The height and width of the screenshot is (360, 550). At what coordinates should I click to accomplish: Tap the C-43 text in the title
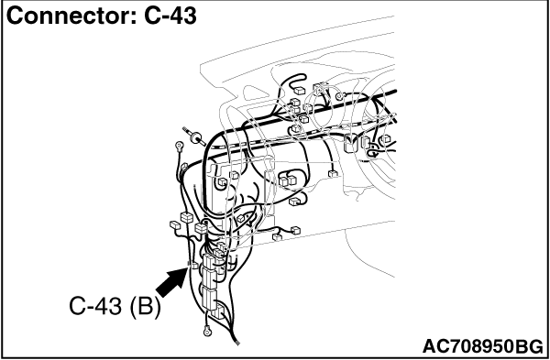170,16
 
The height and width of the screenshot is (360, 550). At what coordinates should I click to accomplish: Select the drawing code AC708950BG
483,346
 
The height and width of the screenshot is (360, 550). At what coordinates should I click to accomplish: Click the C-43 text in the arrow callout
95,306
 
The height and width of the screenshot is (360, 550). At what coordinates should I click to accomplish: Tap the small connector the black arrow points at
193,266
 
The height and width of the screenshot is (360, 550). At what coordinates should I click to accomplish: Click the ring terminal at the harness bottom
207,330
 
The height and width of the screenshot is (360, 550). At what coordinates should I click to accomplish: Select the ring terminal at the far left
180,145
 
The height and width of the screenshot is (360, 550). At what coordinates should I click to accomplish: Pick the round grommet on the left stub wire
195,136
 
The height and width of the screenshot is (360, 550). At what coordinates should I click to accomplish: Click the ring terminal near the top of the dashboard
339,96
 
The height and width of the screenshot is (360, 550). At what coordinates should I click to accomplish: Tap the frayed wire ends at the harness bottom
236,342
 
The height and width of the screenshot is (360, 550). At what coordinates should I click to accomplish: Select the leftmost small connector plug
175,224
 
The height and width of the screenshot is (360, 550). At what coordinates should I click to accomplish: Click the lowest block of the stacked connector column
219,311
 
